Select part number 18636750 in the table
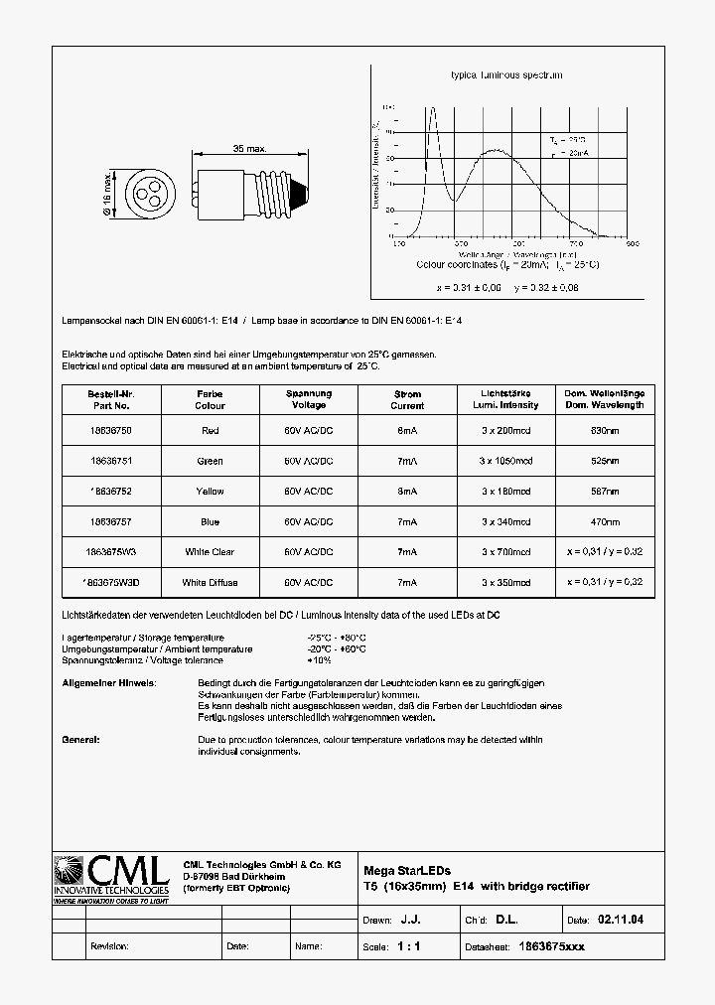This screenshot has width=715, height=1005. [x=109, y=431]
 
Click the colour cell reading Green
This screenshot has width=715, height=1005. [x=210, y=461]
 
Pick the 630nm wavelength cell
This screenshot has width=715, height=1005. [x=605, y=431]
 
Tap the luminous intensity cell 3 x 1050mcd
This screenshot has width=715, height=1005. [x=506, y=461]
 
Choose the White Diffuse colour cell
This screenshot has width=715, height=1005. [x=210, y=582]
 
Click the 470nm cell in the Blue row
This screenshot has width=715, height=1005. [x=605, y=521]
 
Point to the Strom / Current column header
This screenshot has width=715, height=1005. [x=407, y=399]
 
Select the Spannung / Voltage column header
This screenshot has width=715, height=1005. [x=309, y=399]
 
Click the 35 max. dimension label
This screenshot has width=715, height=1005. [x=249, y=149]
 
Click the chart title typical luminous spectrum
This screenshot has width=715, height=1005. [x=506, y=75]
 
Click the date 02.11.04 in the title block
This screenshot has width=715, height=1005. [x=621, y=920]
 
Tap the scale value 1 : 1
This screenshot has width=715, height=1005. [x=409, y=946]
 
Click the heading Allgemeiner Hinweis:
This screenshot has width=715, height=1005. [x=109, y=683]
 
